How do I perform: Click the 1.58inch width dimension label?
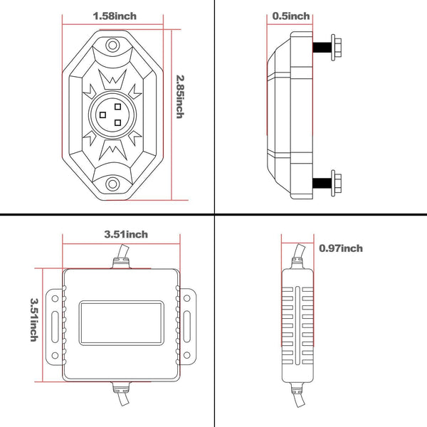coord(115,16)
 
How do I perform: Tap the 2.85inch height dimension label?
coord(180,97)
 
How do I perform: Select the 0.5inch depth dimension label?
coord(291,16)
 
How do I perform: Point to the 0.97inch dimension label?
coord(341,248)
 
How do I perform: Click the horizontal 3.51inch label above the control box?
coord(126,234)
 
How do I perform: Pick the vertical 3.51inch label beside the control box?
coord(34,320)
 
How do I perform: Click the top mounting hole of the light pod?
coord(112,45)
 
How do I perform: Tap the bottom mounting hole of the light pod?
coord(112,184)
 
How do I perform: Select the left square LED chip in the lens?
coord(102,115)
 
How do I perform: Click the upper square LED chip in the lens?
coord(117,107)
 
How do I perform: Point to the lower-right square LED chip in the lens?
coord(117,123)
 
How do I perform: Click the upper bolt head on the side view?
coord(336,48)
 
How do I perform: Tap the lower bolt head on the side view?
coord(336,184)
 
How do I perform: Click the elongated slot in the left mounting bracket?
coord(55,327)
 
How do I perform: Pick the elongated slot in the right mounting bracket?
coord(186,327)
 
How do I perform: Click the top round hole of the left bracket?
coord(55,298)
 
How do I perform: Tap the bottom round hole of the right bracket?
coord(186,355)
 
